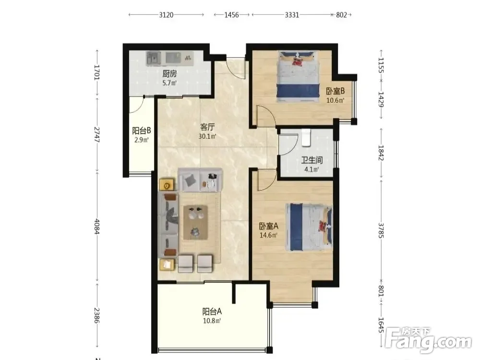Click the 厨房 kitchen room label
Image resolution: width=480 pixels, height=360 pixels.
[169, 74]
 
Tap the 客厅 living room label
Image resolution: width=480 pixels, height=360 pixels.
[207, 127]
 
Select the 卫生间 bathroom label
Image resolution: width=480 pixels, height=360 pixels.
[312, 160]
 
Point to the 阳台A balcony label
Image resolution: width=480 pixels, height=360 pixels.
[212, 312]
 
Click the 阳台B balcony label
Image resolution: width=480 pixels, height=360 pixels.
[142, 131]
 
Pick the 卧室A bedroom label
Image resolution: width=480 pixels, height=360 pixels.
[268, 226]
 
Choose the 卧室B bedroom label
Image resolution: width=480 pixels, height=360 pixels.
[335, 91]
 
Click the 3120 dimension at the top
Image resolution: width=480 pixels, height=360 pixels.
[166, 15]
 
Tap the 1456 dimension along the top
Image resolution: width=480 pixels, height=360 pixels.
[231, 15]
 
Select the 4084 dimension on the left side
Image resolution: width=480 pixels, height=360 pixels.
[97, 227]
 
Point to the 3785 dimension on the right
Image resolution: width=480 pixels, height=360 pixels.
[381, 230]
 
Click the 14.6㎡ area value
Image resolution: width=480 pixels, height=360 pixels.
[268, 235]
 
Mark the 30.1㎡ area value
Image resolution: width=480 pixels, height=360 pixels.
[207, 136]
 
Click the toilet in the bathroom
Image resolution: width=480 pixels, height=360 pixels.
[306, 138]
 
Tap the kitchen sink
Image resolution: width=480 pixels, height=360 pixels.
[154, 58]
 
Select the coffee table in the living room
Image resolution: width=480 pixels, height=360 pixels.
[195, 222]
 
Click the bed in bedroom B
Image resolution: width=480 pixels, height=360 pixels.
[298, 76]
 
